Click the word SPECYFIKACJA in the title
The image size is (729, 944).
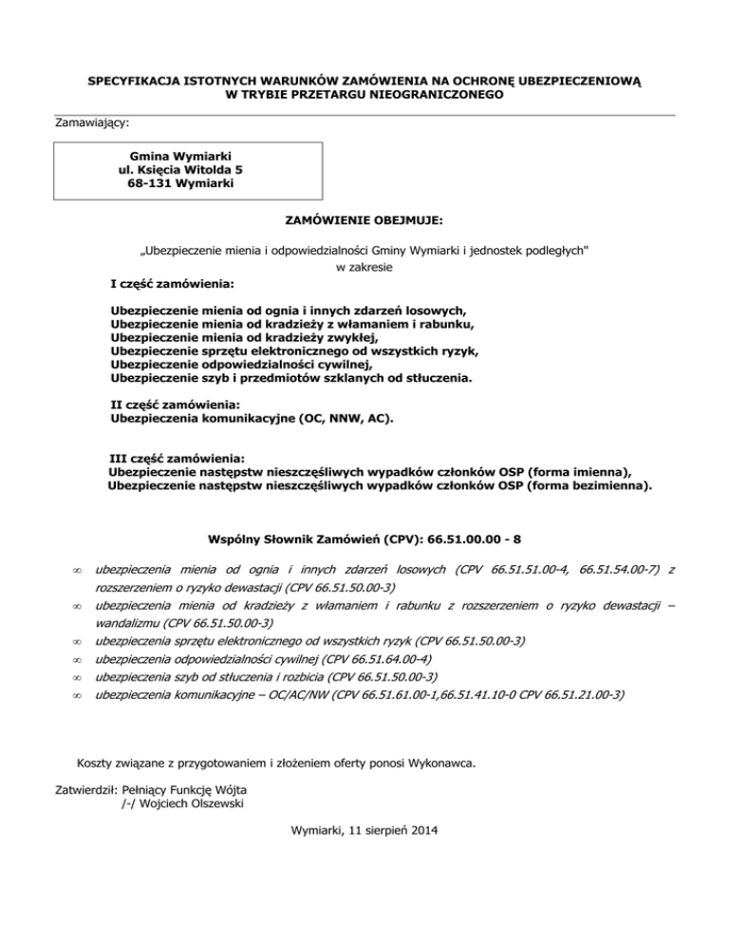point(137,83)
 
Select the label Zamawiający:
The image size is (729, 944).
point(93,123)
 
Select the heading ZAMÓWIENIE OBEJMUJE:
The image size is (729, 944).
point(364,219)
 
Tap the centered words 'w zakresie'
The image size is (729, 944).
point(364,268)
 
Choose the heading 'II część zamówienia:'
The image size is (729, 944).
point(174,404)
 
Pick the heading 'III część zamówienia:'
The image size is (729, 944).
point(178,457)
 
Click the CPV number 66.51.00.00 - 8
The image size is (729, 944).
point(474,540)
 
